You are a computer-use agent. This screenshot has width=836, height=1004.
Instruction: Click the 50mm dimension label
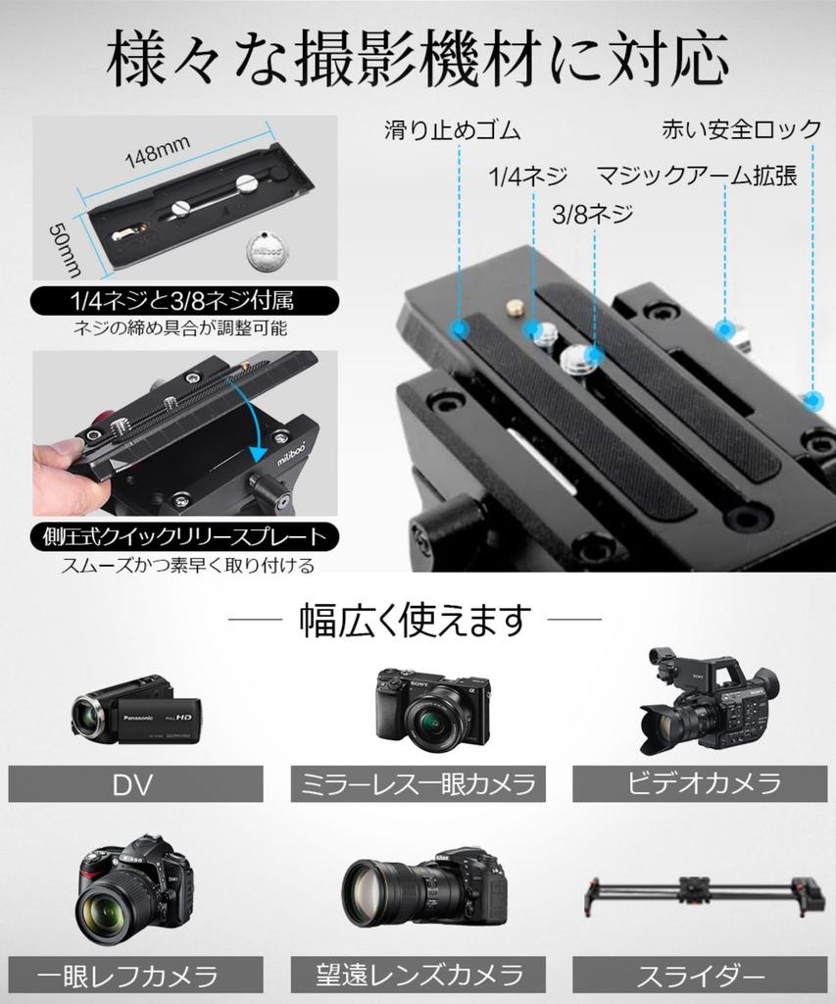point(65,247)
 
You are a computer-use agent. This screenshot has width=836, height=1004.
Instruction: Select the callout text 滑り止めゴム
point(452,130)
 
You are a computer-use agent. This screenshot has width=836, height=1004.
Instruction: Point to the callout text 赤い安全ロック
point(742,128)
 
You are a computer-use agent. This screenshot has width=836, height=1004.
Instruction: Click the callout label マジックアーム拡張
point(697,176)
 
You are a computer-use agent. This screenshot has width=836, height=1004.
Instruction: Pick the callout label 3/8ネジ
point(593,213)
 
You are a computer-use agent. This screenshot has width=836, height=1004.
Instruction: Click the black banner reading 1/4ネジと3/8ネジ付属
point(184,300)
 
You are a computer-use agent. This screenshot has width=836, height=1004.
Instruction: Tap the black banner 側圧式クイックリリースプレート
point(184,536)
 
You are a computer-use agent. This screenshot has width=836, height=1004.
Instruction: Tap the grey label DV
point(135,784)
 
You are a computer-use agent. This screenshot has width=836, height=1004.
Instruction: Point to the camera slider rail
point(700,894)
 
